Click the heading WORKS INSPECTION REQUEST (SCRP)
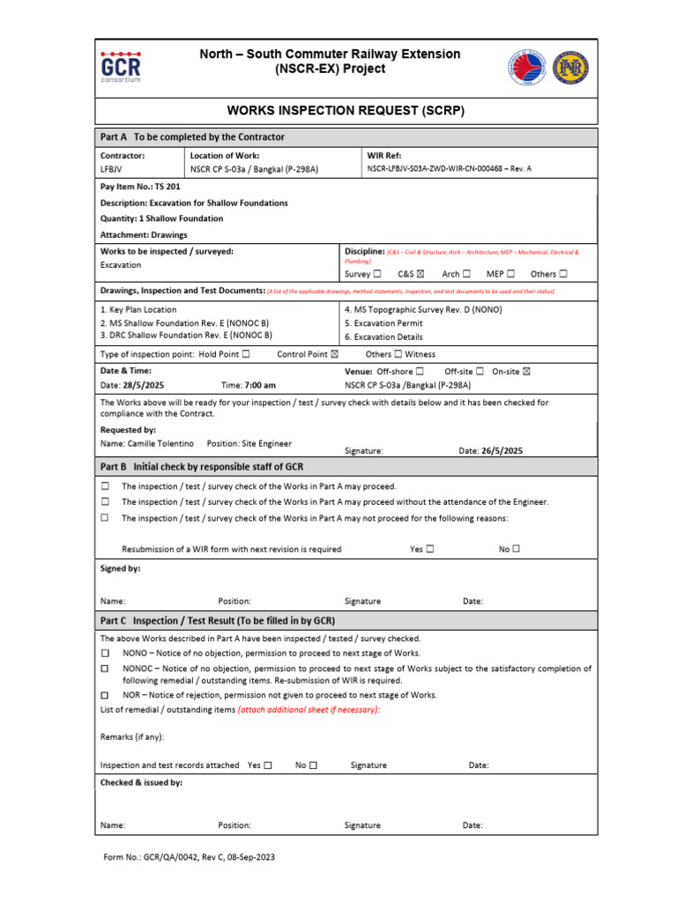pos(346,111)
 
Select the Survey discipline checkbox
pos(376,274)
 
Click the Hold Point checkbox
pos(246,354)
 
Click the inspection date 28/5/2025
pos(144,385)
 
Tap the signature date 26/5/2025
pos(502,450)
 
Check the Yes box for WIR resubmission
pos(430,549)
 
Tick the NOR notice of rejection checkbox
pos(105,695)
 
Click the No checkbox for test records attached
pos(313,765)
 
